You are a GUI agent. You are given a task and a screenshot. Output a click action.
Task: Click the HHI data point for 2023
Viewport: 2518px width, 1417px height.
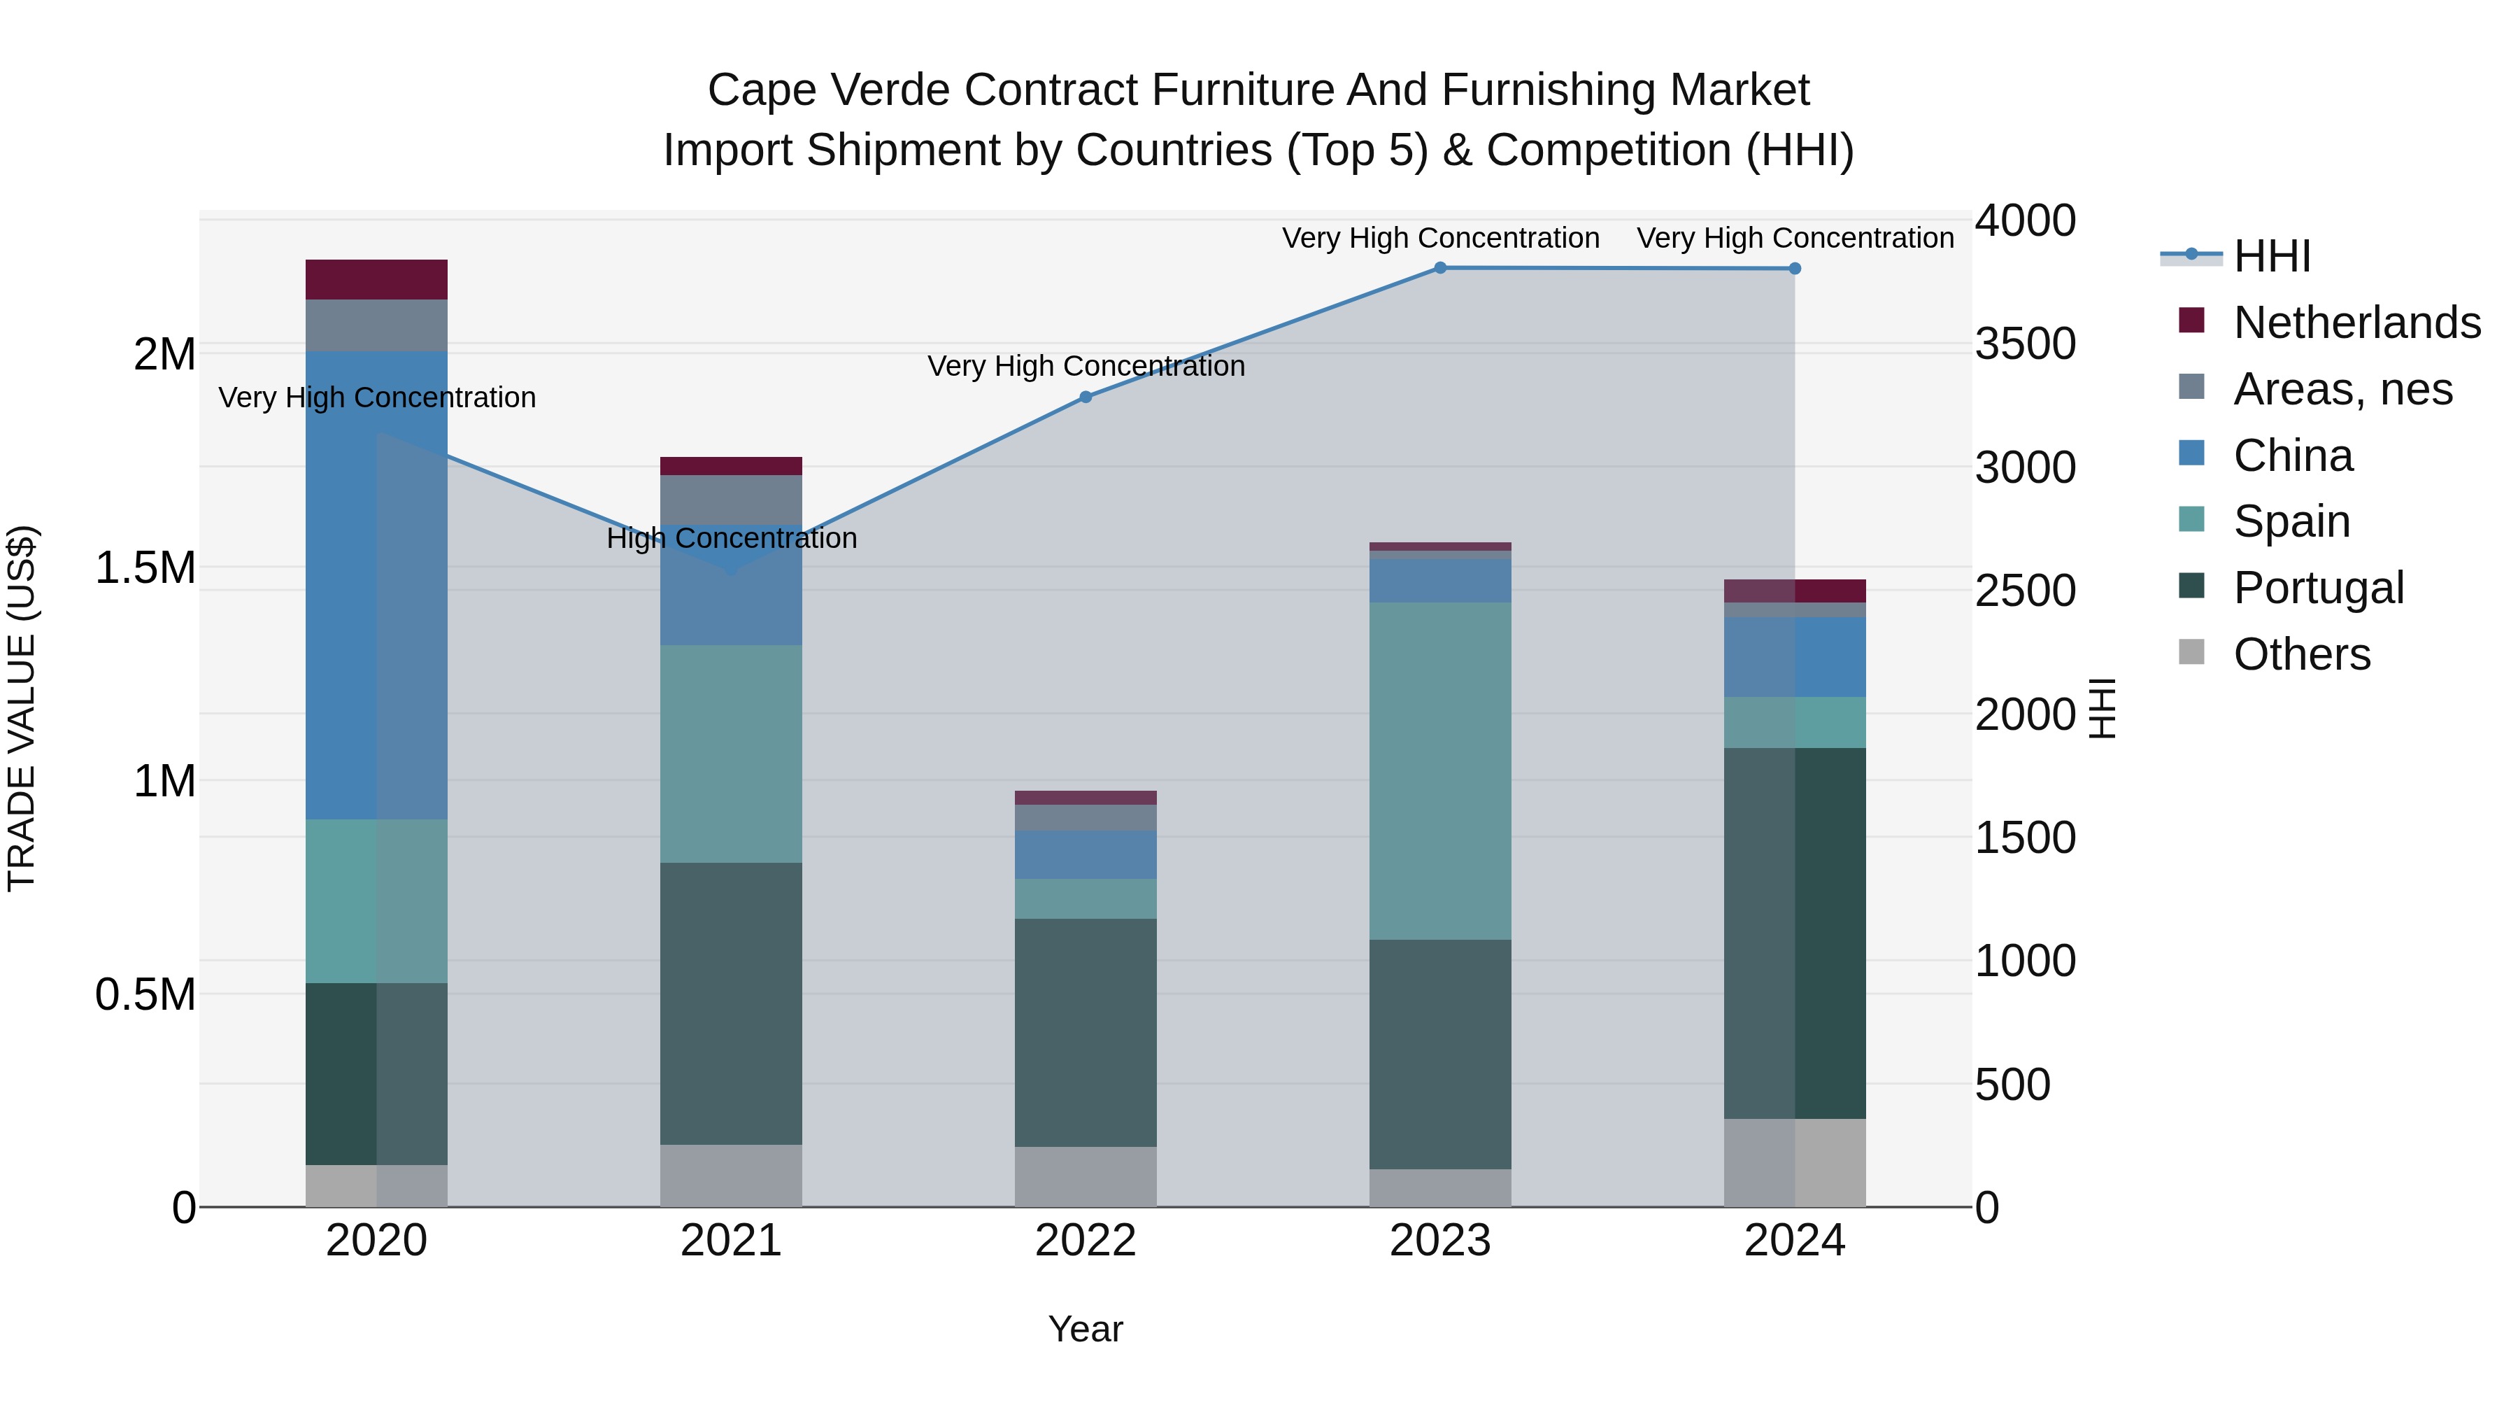click(x=1440, y=268)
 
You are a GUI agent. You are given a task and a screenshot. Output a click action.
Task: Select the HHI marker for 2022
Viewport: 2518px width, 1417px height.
click(x=1085, y=397)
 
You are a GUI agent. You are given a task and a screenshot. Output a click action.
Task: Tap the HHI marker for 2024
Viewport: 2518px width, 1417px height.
click(x=1795, y=269)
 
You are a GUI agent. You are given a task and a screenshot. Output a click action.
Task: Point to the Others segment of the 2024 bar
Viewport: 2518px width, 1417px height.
click(x=1795, y=1163)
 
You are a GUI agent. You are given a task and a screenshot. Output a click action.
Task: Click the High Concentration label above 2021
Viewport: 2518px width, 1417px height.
click(x=731, y=539)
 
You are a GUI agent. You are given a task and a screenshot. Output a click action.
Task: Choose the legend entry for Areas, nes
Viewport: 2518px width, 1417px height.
click(x=2342, y=389)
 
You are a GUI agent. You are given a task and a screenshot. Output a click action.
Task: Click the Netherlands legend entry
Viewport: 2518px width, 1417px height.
click(x=2356, y=323)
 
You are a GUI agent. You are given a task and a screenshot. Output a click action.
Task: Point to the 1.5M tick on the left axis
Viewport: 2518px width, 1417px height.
click(x=145, y=568)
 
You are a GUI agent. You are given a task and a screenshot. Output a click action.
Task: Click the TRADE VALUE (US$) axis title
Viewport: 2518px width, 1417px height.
click(x=22, y=708)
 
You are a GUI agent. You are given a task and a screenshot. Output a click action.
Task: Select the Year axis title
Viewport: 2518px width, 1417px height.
click(x=1085, y=1330)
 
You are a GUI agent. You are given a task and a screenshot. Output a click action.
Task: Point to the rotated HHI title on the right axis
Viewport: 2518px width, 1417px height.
click(x=2102, y=708)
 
